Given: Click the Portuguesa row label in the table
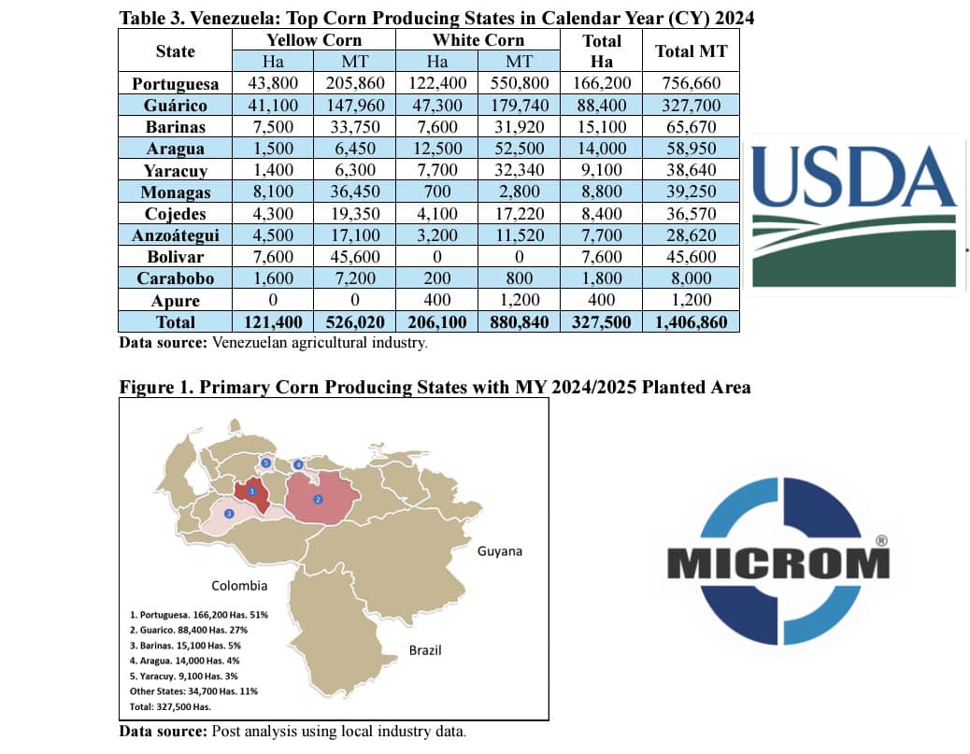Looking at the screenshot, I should [175, 83].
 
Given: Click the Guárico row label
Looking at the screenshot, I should [175, 106].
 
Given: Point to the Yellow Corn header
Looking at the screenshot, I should [313, 40].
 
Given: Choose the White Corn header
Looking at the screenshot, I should [478, 40].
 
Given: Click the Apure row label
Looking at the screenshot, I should [175, 300].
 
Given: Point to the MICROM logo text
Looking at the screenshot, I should [778, 563].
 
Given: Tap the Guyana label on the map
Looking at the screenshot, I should [500, 551].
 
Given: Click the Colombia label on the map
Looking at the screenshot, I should [239, 586].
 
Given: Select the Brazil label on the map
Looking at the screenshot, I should [425, 649].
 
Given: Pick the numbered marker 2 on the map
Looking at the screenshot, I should [318, 500].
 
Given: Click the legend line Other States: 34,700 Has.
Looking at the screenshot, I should [194, 690].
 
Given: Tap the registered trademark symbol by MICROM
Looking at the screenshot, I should [880, 541].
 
